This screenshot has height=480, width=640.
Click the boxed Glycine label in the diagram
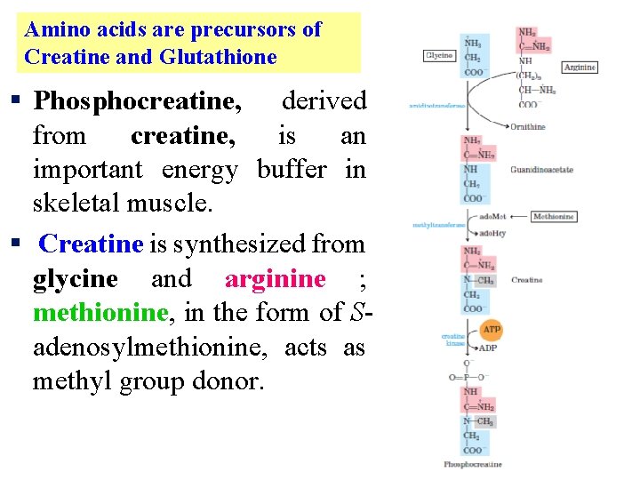click(x=439, y=55)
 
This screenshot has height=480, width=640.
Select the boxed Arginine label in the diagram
click(x=580, y=68)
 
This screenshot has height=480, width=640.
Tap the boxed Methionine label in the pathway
click(x=554, y=217)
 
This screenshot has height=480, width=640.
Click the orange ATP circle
click(x=492, y=330)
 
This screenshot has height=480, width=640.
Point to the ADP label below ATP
click(x=489, y=348)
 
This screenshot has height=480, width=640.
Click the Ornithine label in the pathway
click(x=528, y=127)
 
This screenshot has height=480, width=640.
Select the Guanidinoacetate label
click(x=541, y=170)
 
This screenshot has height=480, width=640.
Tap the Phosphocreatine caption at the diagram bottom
click(x=473, y=464)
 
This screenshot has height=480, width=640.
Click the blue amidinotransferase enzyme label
click(x=436, y=106)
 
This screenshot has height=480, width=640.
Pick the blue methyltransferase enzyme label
click(x=438, y=225)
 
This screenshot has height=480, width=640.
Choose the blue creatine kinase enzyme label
click(x=453, y=340)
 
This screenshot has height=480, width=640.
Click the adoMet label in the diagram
click(x=492, y=217)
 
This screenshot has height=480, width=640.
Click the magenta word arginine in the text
click(x=275, y=279)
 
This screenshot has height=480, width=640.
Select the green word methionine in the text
click(x=100, y=313)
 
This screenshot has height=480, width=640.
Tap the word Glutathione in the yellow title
click(x=218, y=57)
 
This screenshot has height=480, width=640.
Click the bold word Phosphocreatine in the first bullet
click(x=137, y=101)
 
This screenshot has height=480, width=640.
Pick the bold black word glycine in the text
click(x=75, y=279)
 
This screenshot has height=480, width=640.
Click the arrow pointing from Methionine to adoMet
click(x=518, y=217)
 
